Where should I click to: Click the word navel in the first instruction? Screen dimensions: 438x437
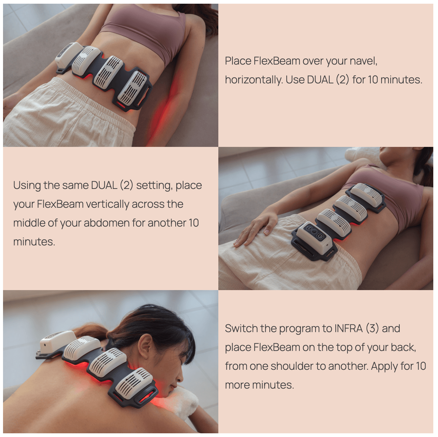(363, 61)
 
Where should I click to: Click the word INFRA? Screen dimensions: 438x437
(349, 328)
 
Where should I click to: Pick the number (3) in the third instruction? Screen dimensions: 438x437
(372, 328)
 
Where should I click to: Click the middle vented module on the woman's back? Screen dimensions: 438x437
(107, 362)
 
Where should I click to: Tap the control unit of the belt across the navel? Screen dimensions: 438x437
(68, 54)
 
